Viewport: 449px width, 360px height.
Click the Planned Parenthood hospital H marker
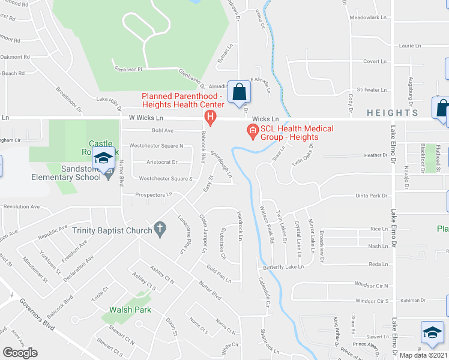click(x=210, y=116)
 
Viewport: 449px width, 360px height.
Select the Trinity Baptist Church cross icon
click(x=159, y=228)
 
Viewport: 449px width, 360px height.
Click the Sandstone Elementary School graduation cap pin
click(x=104, y=159)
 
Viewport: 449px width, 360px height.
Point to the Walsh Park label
click(x=130, y=310)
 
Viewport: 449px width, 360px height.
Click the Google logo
click(x=20, y=352)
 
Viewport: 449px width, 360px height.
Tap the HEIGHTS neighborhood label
click(x=392, y=113)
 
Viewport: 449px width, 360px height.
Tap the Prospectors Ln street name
click(x=154, y=194)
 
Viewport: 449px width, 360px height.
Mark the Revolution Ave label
click(x=22, y=206)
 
